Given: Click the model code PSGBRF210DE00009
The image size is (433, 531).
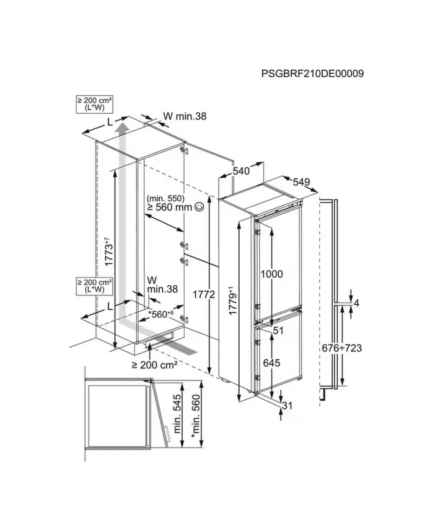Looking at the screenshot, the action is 313,73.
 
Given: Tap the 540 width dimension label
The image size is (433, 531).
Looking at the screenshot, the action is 241,171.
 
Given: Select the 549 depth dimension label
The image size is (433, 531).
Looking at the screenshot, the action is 301,182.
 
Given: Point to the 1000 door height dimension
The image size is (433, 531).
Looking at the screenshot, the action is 271,274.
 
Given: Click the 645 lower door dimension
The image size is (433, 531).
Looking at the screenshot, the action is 271,362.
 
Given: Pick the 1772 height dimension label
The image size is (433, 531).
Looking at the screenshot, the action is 204,295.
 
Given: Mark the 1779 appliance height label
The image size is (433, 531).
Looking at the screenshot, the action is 232,301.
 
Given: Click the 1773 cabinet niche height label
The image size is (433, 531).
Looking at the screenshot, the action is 108,252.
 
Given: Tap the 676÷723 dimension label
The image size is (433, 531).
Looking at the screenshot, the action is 342,348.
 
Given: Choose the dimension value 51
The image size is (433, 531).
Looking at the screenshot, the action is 278,330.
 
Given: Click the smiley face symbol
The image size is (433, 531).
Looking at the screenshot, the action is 199,207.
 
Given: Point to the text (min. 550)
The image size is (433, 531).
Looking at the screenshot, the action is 166,198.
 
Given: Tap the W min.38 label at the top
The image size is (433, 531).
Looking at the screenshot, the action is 185,116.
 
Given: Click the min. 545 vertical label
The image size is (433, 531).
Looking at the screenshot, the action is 177,414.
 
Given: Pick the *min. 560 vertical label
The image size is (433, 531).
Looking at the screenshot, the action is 196,416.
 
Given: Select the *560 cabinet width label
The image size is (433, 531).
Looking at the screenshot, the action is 161,314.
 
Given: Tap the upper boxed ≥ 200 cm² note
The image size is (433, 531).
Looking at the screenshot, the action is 95,104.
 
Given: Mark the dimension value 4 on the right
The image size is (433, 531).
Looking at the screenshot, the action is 356,303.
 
